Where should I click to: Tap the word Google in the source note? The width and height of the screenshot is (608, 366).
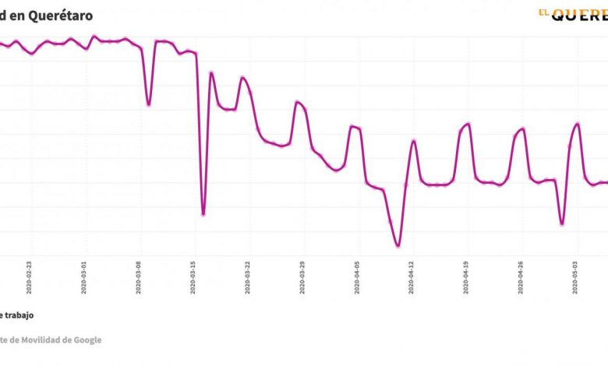coord(85,340)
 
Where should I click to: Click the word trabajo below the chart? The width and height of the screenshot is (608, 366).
coord(21,315)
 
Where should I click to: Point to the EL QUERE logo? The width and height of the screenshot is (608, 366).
coord(572,13)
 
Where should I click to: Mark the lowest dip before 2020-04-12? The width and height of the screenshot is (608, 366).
coord(398,246)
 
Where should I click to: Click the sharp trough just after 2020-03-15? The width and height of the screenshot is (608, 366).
coord(203,214)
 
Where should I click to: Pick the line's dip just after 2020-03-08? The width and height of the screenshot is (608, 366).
coord(148,104)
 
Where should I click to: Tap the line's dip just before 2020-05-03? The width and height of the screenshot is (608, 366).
coord(561,224)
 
